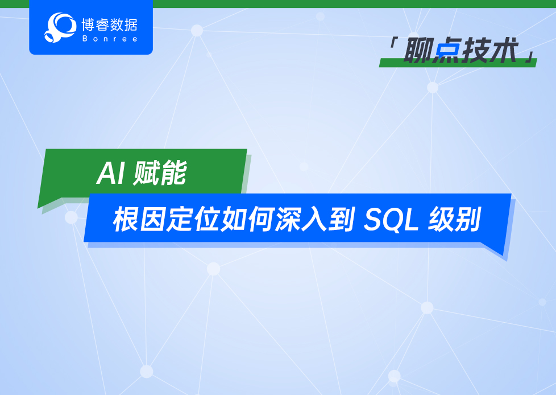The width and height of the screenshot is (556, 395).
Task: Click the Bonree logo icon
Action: [60, 27]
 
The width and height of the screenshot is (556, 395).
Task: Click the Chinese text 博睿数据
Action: [110, 25]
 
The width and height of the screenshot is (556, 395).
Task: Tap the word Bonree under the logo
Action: [110, 39]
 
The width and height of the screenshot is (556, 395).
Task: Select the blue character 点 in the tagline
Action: [446, 51]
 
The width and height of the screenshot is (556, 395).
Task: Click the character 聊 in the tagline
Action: [418, 51]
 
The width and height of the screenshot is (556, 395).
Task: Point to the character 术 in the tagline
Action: [504, 51]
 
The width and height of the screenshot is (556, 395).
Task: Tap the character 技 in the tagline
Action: [475, 51]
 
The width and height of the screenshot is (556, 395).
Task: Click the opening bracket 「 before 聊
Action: [393, 43]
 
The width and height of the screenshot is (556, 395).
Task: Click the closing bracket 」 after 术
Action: [530, 57]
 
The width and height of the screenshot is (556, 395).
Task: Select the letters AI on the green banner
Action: [110, 174]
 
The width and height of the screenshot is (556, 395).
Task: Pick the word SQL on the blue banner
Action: [391, 220]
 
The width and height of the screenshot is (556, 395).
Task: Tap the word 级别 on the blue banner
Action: [455, 219]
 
